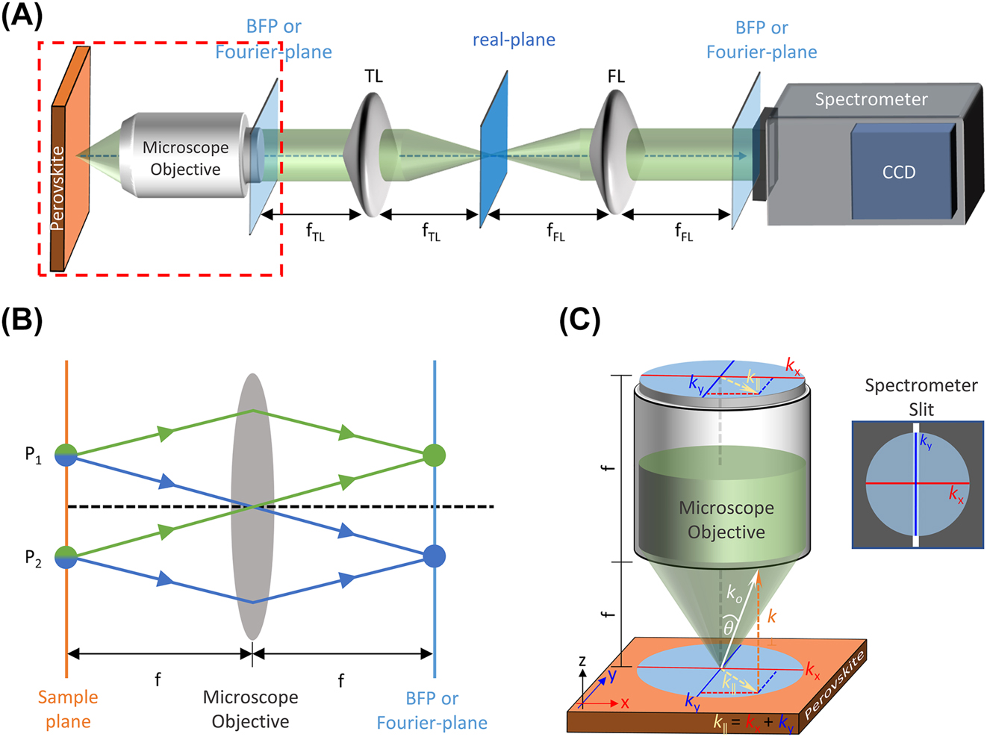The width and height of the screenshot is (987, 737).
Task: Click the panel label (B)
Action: pyautogui.click(x=22, y=320)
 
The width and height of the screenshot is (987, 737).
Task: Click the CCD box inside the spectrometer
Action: pyautogui.click(x=899, y=172)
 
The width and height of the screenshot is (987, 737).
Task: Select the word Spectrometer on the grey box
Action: pyautogui.click(x=871, y=99)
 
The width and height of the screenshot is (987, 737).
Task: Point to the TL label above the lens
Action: pyautogui.click(x=373, y=76)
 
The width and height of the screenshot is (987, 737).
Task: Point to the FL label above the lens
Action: pyautogui.click(x=615, y=76)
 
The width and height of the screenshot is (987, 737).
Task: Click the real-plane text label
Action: pyautogui.click(x=514, y=40)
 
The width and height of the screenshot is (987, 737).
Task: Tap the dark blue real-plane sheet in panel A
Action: pyautogui.click(x=493, y=149)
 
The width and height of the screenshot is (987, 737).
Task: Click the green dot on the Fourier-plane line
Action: pyautogui.click(x=434, y=454)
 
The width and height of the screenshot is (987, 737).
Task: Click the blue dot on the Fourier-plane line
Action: pyautogui.click(x=434, y=556)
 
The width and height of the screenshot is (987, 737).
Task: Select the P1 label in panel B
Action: pyautogui.click(x=33, y=455)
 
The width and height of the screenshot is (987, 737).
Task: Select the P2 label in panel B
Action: pyautogui.click(x=33, y=558)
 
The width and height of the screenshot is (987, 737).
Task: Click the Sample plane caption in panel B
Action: pyautogui.click(x=68, y=709)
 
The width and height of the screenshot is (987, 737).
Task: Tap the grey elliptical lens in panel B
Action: pyautogui.click(x=252, y=508)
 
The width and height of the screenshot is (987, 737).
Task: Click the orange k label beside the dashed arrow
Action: pyautogui.click(x=772, y=617)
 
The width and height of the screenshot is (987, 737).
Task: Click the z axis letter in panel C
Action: pyautogui.click(x=582, y=660)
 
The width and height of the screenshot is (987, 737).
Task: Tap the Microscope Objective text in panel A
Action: pyautogui.click(x=185, y=158)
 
